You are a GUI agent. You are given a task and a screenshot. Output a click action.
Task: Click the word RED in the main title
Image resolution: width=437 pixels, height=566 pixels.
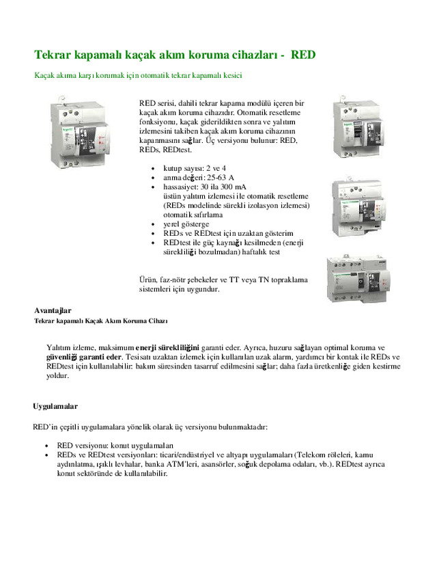pos(303,54)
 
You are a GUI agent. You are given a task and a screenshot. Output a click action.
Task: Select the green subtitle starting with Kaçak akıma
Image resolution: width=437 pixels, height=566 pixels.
pos(139,75)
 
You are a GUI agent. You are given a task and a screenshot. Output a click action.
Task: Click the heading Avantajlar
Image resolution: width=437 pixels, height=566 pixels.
pos(53,310)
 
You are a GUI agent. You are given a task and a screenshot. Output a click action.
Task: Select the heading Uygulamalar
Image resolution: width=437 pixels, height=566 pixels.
pos(55,406)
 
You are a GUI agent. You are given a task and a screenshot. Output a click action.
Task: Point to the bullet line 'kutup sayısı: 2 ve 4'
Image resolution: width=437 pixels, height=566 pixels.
pos(195,167)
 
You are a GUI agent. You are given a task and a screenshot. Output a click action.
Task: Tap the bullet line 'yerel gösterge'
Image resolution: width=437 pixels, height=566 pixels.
pos(186,224)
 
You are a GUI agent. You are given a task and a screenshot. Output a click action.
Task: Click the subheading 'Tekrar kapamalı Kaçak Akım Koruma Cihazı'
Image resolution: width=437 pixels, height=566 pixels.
pos(101,321)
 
